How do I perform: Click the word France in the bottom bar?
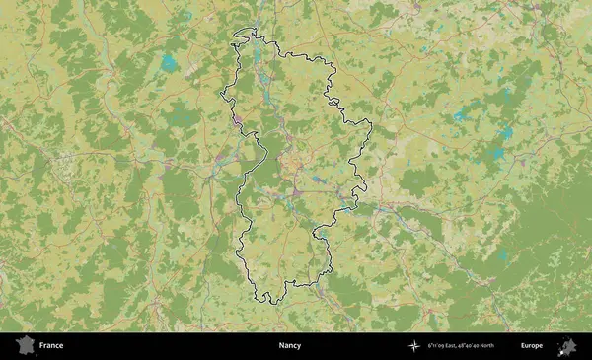(51, 346)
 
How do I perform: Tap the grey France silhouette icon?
(25, 345)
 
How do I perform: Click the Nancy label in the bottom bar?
(290, 346)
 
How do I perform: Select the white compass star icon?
(413, 346)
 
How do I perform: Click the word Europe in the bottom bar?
(532, 346)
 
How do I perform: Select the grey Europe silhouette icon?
(567, 346)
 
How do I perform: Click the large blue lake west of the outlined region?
(169, 65)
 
